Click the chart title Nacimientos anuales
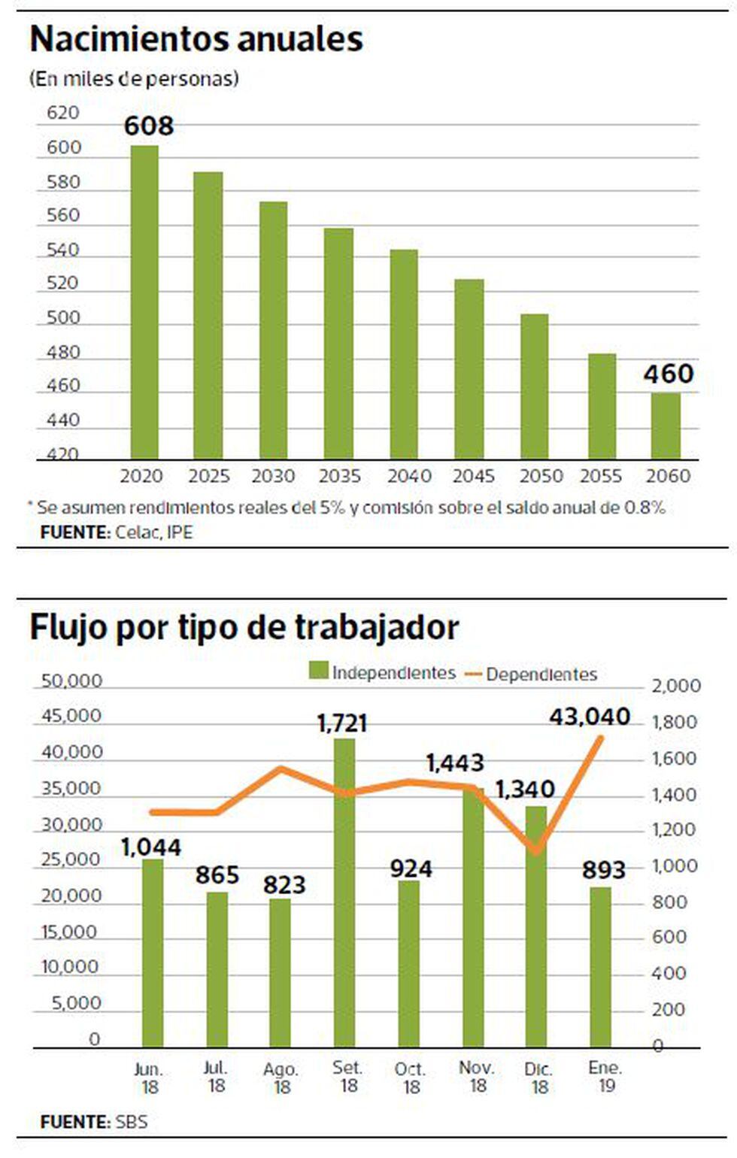coord(196,39)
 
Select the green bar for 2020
coord(144,301)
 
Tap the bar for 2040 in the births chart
coord(404,353)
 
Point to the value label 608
coord(149,126)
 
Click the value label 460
coord(668,374)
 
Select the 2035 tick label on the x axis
coord(339,476)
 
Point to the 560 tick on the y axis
coord(63,216)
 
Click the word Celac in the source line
coord(132,532)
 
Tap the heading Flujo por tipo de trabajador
coord(244,627)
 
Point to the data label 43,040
coord(590,717)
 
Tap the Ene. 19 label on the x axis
coord(605,1076)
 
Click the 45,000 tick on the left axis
coord(71,715)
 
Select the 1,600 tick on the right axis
coord(674,758)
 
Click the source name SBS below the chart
coord(132,1123)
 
